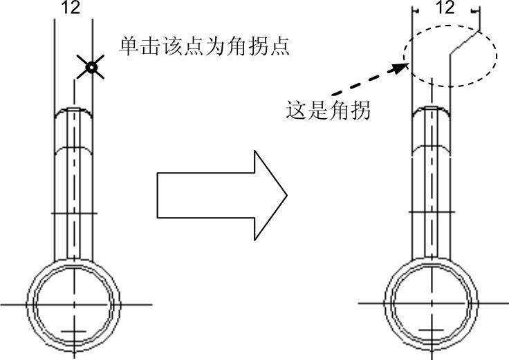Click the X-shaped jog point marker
pos(90,67)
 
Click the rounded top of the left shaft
pos(73,111)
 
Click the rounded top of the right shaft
pos(432,111)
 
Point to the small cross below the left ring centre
pos(73,333)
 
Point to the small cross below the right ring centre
pos(432,333)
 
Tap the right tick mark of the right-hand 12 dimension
pos(476,11)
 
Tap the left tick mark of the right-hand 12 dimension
pos(413,11)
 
